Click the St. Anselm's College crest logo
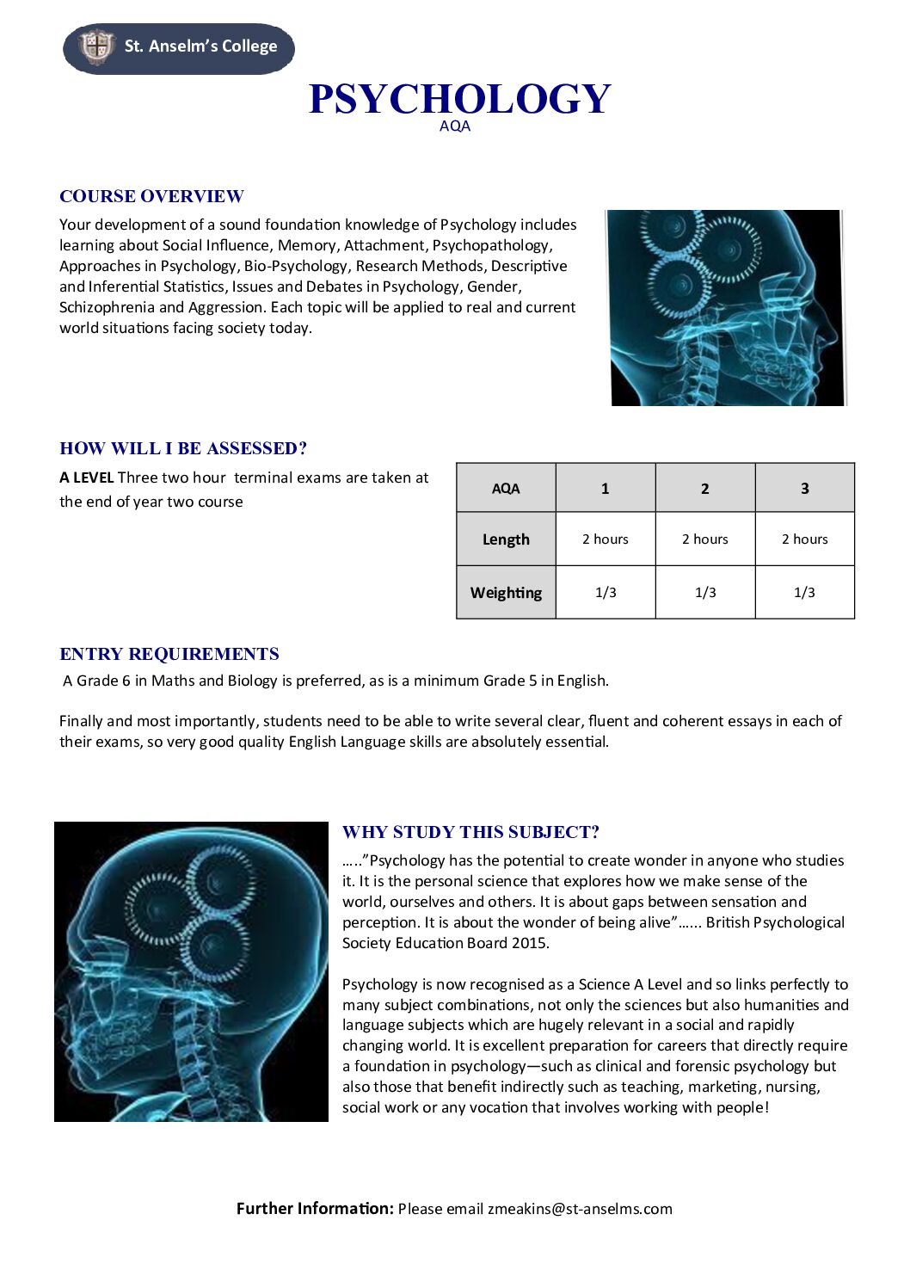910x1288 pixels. [x=96, y=46]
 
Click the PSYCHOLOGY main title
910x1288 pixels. [x=459, y=99]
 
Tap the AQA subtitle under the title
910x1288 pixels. [x=455, y=126]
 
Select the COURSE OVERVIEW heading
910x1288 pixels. [x=151, y=196]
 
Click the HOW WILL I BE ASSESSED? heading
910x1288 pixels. [x=183, y=448]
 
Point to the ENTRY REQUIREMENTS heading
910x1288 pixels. [x=169, y=654]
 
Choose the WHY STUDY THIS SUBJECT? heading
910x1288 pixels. [x=470, y=832]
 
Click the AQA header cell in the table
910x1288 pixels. [x=506, y=489]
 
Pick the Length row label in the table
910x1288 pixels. [x=506, y=539]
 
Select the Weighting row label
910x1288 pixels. [x=506, y=593]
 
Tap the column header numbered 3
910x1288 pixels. [x=804, y=489]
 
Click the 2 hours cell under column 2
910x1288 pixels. [x=704, y=539]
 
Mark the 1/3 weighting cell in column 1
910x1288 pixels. [x=606, y=593]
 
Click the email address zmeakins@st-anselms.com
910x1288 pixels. [x=580, y=1209]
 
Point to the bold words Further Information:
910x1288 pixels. [x=315, y=1209]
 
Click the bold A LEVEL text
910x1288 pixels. [x=86, y=478]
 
